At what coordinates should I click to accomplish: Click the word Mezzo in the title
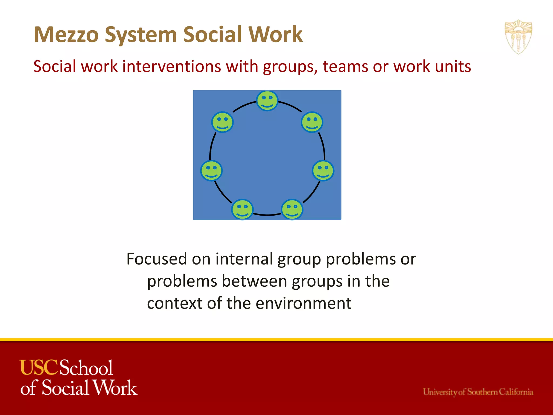(x=66, y=35)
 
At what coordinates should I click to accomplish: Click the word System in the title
(x=140, y=35)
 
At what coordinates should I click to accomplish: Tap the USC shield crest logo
(x=518, y=37)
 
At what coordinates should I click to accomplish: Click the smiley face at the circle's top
(x=267, y=101)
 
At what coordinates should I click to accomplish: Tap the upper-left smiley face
(x=222, y=122)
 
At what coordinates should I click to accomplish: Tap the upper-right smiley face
(x=312, y=122)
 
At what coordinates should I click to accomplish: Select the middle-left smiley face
(x=211, y=171)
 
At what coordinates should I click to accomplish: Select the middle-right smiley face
(x=323, y=171)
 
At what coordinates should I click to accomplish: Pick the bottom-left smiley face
(x=242, y=210)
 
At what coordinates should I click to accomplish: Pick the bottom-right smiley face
(x=292, y=210)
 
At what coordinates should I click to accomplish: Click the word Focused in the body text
(x=157, y=259)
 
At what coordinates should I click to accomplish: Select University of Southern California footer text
(x=478, y=392)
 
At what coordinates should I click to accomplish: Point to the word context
(x=174, y=303)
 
